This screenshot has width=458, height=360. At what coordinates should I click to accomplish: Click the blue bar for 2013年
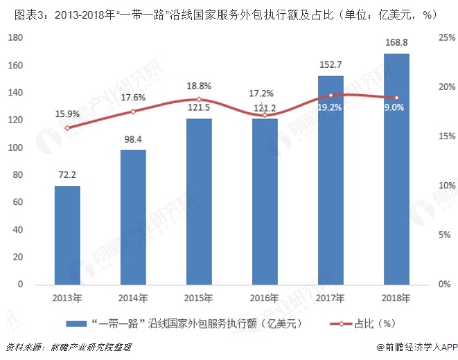click(x=67, y=235)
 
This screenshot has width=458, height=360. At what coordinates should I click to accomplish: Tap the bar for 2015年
click(x=199, y=201)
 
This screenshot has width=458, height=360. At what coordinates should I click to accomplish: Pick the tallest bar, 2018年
click(x=396, y=169)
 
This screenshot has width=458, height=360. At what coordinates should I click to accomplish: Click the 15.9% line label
click(x=67, y=114)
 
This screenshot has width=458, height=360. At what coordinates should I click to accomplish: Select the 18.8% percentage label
click(x=199, y=86)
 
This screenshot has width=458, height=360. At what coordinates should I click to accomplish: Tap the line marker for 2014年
click(x=133, y=111)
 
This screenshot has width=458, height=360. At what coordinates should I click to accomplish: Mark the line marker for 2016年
click(x=265, y=115)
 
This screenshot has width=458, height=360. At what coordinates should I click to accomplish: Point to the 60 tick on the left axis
click(x=16, y=203)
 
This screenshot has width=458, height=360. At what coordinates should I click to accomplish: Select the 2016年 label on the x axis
click(x=265, y=298)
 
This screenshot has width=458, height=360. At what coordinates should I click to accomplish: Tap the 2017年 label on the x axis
click(x=331, y=298)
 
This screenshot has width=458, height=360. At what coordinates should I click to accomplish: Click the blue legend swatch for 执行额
click(x=76, y=323)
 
